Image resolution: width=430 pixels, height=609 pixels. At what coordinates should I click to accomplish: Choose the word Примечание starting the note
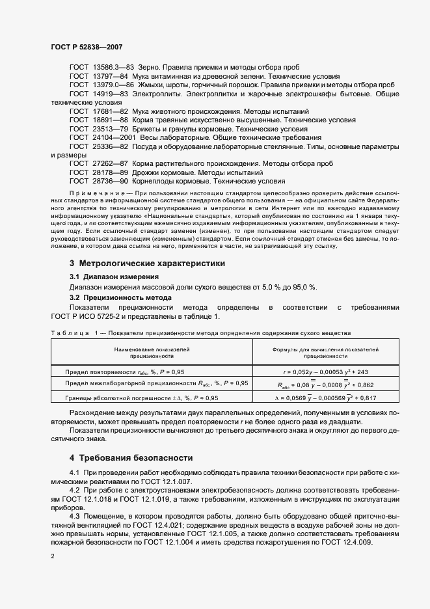94,194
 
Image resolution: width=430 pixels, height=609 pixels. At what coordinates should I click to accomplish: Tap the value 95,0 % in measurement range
283,287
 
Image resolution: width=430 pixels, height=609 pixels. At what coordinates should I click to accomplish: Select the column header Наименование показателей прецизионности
152,353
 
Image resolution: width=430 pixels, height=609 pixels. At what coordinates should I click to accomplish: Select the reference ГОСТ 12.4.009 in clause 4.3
343,524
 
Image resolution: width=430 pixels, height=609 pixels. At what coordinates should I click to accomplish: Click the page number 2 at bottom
53,556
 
